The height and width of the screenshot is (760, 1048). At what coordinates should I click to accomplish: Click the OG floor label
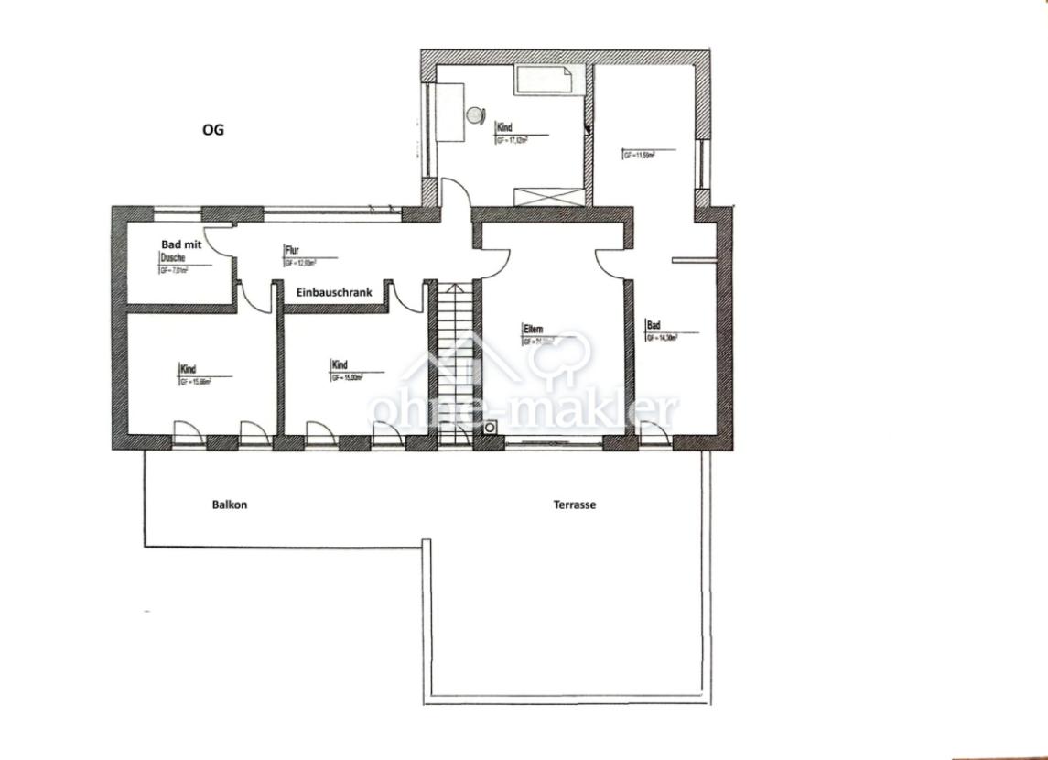click(212, 130)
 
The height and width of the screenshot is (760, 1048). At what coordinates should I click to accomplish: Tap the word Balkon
click(230, 505)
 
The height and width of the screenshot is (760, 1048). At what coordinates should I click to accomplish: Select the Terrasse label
click(575, 505)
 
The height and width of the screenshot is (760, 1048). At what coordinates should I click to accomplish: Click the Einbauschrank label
click(333, 293)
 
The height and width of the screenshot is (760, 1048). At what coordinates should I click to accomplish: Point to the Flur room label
click(292, 250)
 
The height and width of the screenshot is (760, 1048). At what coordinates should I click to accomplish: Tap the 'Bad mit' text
click(180, 245)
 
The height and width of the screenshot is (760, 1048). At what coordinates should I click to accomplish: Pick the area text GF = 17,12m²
click(513, 142)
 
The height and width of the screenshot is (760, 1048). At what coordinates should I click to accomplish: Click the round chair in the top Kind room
click(475, 115)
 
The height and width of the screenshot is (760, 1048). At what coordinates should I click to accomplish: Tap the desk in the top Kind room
click(451, 111)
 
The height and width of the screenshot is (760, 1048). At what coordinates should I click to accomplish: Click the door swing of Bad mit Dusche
click(217, 239)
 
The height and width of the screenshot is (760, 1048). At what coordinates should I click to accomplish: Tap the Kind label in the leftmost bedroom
click(188, 369)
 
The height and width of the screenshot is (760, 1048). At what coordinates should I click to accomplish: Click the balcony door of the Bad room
click(654, 434)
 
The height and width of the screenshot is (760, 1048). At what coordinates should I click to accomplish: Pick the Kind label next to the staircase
click(340, 365)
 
